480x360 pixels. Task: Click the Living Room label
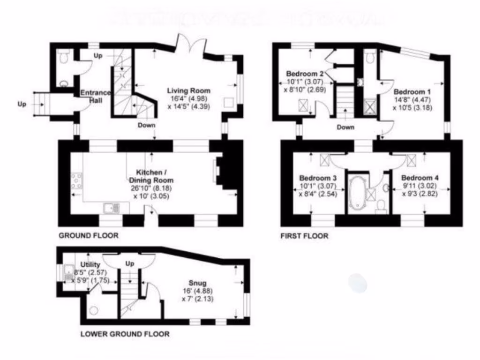(189, 90)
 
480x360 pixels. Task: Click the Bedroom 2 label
(305, 74)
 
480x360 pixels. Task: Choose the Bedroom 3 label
(318, 178)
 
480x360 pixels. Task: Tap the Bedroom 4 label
(420, 178)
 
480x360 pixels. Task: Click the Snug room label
(198, 283)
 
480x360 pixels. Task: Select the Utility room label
(90, 265)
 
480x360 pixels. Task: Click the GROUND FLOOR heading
(88, 236)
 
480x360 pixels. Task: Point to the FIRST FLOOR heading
(304, 236)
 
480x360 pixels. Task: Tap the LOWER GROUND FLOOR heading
(125, 334)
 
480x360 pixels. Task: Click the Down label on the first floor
(345, 127)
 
